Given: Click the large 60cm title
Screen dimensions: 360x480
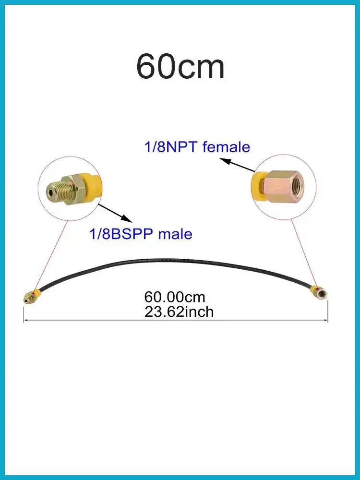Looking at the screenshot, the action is [x=180, y=67].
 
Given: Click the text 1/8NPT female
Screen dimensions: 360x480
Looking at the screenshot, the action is [x=197, y=147].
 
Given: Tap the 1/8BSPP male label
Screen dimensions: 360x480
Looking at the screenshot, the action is [x=141, y=234].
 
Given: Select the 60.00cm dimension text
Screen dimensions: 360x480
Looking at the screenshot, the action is [x=175, y=297].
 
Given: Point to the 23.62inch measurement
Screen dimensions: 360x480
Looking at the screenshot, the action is [x=179, y=312].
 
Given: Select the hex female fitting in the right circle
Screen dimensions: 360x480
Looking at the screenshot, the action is [x=284, y=185].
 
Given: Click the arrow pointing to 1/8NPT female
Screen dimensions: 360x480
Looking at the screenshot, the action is [x=238, y=165].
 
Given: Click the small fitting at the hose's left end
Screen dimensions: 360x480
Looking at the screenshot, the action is [x=31, y=297].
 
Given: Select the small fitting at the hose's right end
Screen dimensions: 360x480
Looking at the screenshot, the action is [x=318, y=292].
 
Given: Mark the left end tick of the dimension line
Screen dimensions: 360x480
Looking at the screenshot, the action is [x=24, y=313].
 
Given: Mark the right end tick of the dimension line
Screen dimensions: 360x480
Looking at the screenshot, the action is [x=328, y=311].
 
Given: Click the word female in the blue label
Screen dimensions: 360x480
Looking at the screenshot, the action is [x=226, y=147].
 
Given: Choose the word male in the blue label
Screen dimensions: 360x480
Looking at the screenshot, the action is [x=175, y=234].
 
